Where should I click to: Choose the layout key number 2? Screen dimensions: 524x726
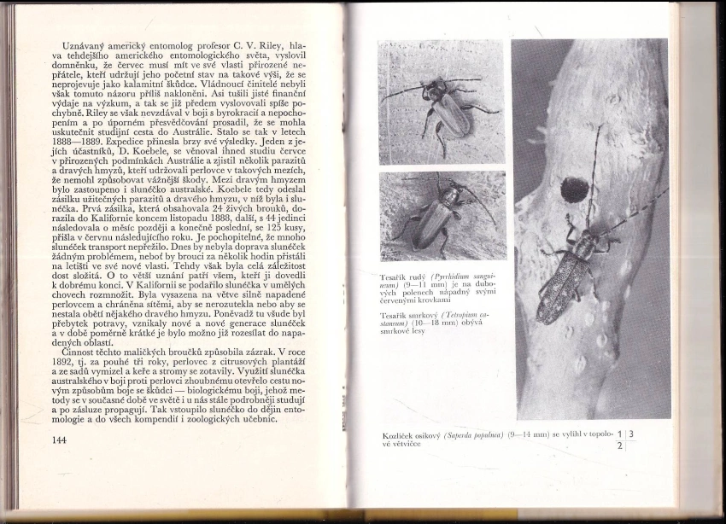[621, 446]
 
